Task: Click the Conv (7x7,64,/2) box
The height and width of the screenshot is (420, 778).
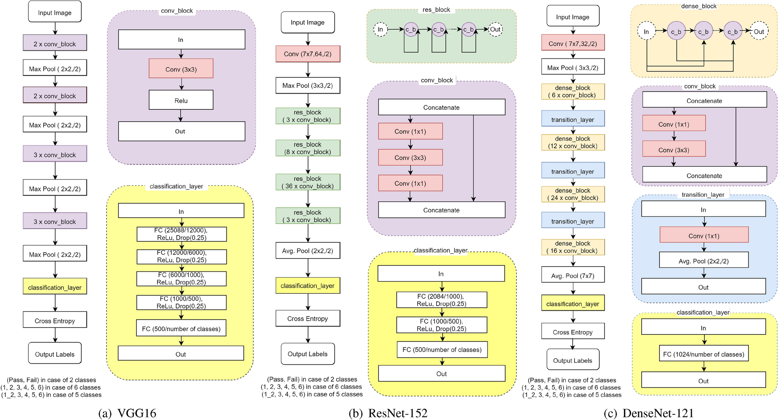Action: tap(308, 54)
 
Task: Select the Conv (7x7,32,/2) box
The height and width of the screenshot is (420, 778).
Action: tap(573, 43)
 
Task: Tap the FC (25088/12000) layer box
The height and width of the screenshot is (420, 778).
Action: tap(181, 234)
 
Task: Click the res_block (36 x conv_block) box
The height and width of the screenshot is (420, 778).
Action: tap(308, 182)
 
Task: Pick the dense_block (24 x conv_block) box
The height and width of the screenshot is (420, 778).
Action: tap(573, 194)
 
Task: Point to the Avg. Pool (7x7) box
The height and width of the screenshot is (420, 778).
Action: tap(573, 275)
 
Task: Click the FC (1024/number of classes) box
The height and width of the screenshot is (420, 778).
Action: tap(703, 354)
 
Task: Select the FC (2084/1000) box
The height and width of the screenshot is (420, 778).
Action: tap(441, 300)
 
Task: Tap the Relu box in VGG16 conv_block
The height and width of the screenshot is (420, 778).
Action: tap(181, 100)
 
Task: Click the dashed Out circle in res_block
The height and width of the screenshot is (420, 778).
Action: tap(495, 30)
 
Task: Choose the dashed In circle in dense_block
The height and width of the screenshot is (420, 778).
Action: tap(646, 32)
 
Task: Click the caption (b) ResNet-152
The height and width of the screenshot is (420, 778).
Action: tap(388, 413)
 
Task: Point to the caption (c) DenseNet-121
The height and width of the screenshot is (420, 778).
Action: tap(648, 413)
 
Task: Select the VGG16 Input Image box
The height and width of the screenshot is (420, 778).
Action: tap(55, 13)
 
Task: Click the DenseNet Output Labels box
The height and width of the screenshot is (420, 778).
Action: tap(573, 360)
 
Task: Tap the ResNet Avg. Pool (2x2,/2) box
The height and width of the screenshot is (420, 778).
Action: tap(308, 251)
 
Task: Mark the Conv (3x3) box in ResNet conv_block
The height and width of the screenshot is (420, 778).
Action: tap(410, 158)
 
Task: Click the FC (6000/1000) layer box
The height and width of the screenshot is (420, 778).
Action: tap(181, 278)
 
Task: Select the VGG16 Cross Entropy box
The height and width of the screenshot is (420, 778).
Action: tap(55, 321)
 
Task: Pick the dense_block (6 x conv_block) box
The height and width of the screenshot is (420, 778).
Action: tap(573, 92)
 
